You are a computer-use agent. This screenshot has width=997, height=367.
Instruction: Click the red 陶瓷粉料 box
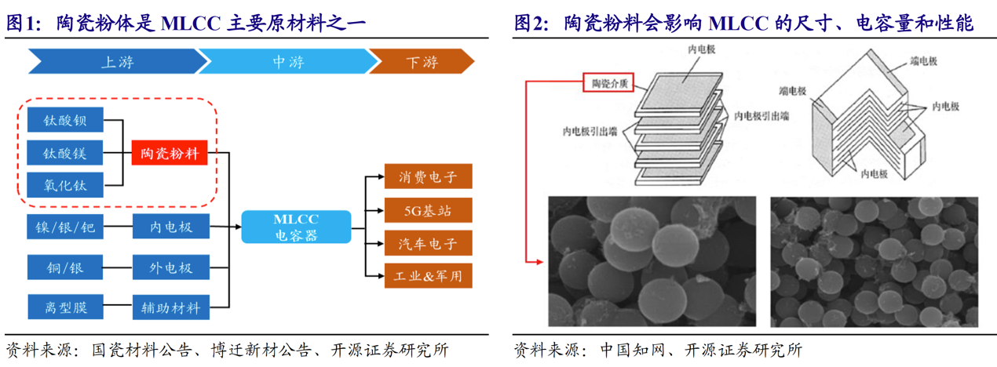click(x=170, y=153)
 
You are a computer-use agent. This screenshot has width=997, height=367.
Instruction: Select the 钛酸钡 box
click(x=65, y=120)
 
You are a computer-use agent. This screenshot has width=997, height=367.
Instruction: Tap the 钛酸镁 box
click(x=65, y=153)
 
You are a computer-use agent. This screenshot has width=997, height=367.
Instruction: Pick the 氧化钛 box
click(x=65, y=185)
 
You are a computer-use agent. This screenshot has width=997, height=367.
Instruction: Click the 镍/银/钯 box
click(x=65, y=227)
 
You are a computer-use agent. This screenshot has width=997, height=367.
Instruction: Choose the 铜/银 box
click(x=65, y=267)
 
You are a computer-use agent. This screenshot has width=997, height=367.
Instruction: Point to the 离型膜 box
click(x=65, y=307)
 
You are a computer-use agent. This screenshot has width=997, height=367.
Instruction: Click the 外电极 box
click(x=171, y=267)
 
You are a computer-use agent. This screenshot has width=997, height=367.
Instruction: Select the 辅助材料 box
click(x=171, y=307)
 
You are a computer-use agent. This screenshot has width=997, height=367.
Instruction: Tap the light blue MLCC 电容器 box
click(x=296, y=227)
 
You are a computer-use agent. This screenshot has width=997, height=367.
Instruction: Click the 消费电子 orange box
click(x=428, y=176)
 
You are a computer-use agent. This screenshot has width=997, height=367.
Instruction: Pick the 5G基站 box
click(x=428, y=210)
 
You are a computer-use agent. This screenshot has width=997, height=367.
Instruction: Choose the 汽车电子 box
click(x=428, y=243)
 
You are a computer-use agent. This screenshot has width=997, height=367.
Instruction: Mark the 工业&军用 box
click(x=428, y=276)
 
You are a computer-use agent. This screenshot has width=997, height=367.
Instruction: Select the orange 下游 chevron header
click(x=422, y=61)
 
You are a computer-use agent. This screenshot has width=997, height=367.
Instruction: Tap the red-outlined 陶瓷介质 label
click(x=608, y=83)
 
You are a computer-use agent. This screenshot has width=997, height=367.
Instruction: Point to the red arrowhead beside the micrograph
click(x=540, y=262)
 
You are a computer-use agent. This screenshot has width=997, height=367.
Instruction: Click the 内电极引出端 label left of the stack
click(x=590, y=132)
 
